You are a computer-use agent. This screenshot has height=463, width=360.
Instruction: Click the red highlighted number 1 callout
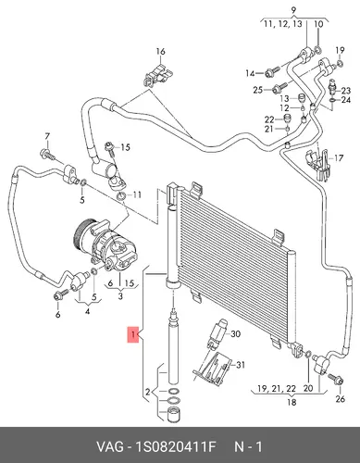(133, 334)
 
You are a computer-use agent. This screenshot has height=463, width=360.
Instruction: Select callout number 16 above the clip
(160, 52)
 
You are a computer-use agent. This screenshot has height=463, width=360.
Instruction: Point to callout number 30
(235, 334)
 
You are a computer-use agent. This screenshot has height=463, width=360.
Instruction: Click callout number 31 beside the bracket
(240, 365)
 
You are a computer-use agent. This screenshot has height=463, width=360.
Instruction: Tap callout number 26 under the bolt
(340, 399)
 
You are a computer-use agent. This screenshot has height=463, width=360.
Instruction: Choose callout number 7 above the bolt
(47, 136)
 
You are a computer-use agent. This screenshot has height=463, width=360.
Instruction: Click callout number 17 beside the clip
(339, 158)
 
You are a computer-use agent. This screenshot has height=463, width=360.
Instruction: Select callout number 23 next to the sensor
(346, 91)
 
